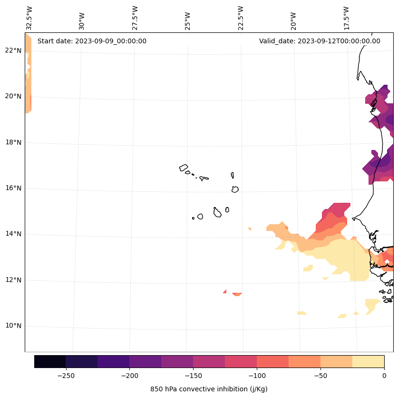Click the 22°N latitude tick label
pyautogui.click(x=13, y=50)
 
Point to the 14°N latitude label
pyautogui.click(x=13, y=234)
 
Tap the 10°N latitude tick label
pyautogui.click(x=13, y=326)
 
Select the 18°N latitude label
pyautogui.click(x=13, y=142)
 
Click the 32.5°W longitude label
pyautogui.click(x=29, y=18)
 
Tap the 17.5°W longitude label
pyautogui.click(x=346, y=18)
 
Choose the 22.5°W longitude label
pyautogui.click(x=240, y=18)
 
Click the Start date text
pyautogui.click(x=92, y=41)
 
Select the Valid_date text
pyautogui.click(x=320, y=41)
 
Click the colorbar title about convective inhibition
pyautogui.click(x=209, y=389)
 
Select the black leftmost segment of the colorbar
pyautogui.click(x=50, y=361)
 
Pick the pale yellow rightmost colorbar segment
pyautogui.click(x=368, y=361)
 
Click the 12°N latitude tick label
pyautogui.click(x=13, y=280)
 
